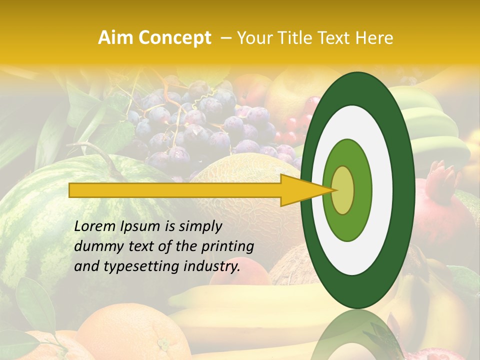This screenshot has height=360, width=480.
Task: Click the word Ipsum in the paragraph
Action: pos(142,226)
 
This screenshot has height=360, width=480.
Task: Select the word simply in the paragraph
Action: pos(200,226)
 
